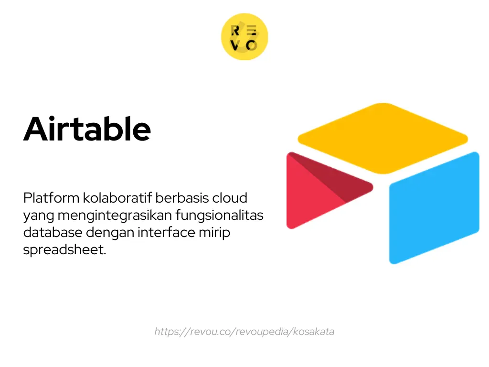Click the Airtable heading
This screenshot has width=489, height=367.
tap(87, 129)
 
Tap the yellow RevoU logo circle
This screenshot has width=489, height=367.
tap(244, 37)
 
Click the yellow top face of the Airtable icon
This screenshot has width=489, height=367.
tap(383, 137)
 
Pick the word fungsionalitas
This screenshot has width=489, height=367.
tap(219, 215)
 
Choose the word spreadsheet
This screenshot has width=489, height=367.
tap(64, 249)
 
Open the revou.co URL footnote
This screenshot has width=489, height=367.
tap(244, 332)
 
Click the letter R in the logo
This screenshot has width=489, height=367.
tap(235, 31)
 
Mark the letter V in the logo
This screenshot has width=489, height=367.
tap(235, 45)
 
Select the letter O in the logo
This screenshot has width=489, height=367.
tap(252, 45)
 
